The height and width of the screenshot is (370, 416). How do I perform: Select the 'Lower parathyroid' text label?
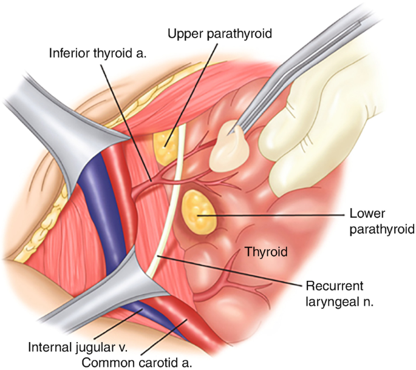tap(381, 221)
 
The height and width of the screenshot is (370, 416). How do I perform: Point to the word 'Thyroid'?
tap(265, 251)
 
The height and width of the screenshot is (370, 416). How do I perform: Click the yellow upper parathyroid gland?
tap(163, 143)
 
